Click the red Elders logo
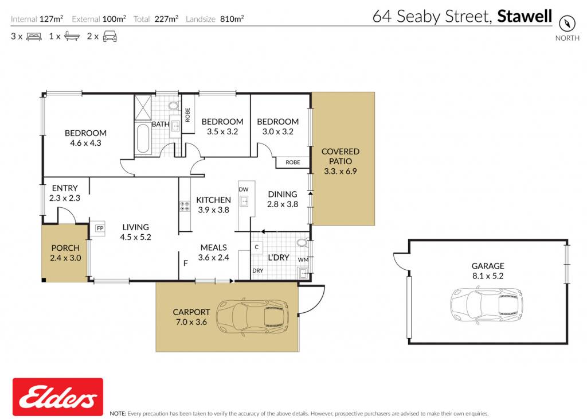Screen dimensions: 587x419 pyautogui.click(x=58, y=397)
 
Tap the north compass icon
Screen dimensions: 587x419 pyautogui.click(x=567, y=23)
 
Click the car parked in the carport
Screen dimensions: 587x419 pyautogui.click(x=253, y=317)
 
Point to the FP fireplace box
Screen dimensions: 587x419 pyautogui.click(x=100, y=228)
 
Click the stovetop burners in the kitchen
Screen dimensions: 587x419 pyautogui.click(x=185, y=206)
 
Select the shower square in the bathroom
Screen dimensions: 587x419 pyautogui.click(x=143, y=107)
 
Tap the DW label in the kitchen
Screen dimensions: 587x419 pyautogui.click(x=243, y=189)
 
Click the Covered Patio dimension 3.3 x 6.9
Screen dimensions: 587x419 pyautogui.click(x=341, y=171)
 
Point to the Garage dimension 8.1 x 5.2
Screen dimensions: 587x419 pyautogui.click(x=488, y=276)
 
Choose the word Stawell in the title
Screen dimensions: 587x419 pyautogui.click(x=525, y=16)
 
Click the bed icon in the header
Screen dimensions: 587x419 pyautogui.click(x=34, y=37)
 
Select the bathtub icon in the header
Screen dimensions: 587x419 pyautogui.click(x=72, y=36)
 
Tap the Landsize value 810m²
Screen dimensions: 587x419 pyautogui.click(x=232, y=19)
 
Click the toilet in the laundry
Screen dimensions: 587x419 pyautogui.click(x=303, y=243)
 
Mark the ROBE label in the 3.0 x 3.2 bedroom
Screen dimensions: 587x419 pyautogui.click(x=293, y=162)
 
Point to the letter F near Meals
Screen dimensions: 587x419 pyautogui.click(x=185, y=263)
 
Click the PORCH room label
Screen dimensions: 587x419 pyautogui.click(x=65, y=248)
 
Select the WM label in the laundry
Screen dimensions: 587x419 pyautogui.click(x=303, y=259)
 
